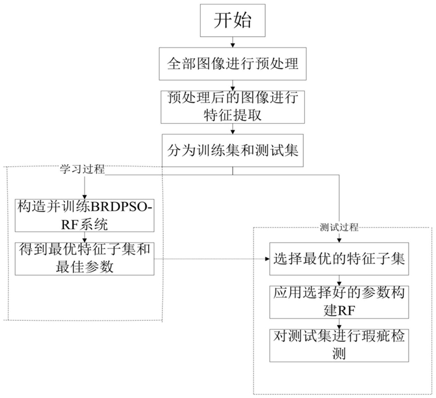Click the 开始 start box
pyautogui.click(x=233, y=20)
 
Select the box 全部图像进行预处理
pyautogui.click(x=233, y=63)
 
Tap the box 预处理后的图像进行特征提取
pyautogui.click(x=233, y=107)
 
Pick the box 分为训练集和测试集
pyautogui.click(x=233, y=150)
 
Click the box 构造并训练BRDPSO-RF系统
pyautogui.click(x=85, y=215)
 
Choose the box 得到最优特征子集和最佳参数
pyautogui.click(x=85, y=258)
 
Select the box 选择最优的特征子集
pyautogui.click(x=339, y=258)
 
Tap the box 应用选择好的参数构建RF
pyautogui.click(x=339, y=302)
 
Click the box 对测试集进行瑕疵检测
pyautogui.click(x=339, y=345)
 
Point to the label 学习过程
pyautogui.click(x=82, y=169)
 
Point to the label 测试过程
pyautogui.click(x=339, y=228)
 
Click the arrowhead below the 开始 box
pyautogui.click(x=233, y=45)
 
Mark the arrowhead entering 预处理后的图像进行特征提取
pyautogui.click(x=233, y=89)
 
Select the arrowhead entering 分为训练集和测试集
pyautogui.click(x=233, y=132)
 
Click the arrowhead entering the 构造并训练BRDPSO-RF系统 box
pyautogui.click(x=85, y=197)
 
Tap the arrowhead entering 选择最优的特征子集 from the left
pyautogui.click(x=267, y=259)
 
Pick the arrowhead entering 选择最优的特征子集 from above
pyautogui.click(x=339, y=240)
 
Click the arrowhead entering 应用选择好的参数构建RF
pyautogui.click(x=339, y=284)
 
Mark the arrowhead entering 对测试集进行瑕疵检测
pyautogui.click(x=339, y=327)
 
